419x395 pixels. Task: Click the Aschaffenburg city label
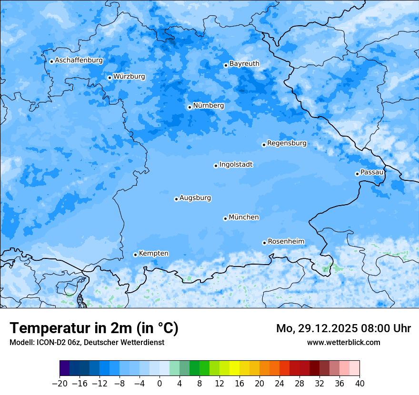point(79,60)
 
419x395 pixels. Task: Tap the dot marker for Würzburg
point(110,78)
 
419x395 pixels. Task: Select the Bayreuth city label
point(244,63)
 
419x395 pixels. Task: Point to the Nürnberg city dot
point(190,107)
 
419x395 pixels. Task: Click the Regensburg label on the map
point(287,143)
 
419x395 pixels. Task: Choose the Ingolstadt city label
point(236,164)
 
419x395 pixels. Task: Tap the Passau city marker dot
point(357,174)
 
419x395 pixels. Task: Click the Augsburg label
point(195,197)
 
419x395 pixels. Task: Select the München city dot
point(225,218)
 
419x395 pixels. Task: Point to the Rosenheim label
point(286,241)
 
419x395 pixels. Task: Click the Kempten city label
point(153,253)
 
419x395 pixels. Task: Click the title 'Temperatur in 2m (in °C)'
point(94,328)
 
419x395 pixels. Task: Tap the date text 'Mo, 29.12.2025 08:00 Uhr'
point(343,328)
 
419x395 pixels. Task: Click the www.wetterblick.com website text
point(343,342)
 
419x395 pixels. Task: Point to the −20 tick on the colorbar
point(60,383)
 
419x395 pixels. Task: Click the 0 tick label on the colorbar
point(160,383)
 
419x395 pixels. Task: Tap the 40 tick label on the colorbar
point(359,383)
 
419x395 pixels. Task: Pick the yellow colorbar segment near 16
point(234,368)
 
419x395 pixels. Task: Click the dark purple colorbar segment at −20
point(65,368)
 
